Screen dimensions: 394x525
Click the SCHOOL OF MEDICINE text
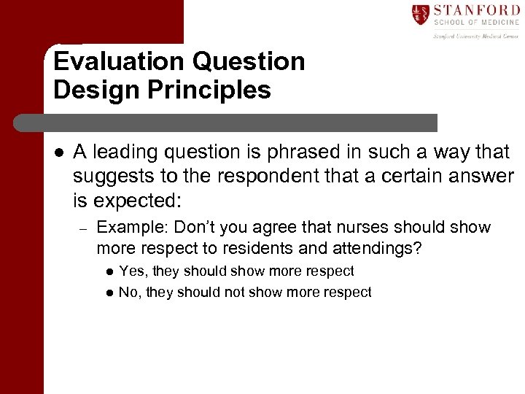click(x=475, y=23)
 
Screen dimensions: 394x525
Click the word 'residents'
click(x=250, y=249)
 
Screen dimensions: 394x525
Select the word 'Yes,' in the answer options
click(x=131, y=271)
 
